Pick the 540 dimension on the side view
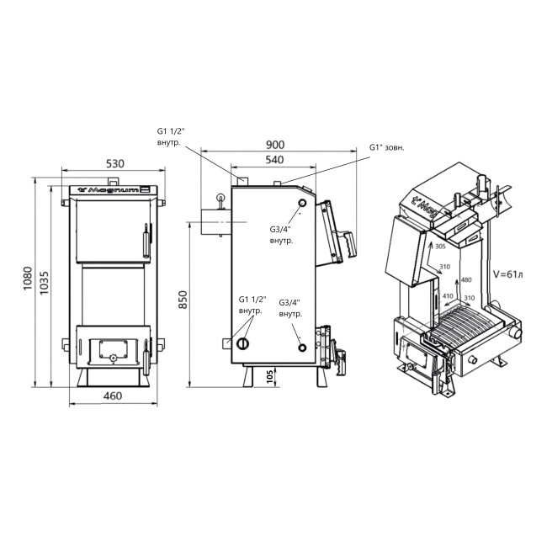click(275, 160)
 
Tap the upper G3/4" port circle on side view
click(302, 205)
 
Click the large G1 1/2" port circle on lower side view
click(243, 343)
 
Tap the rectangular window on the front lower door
click(110, 345)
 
